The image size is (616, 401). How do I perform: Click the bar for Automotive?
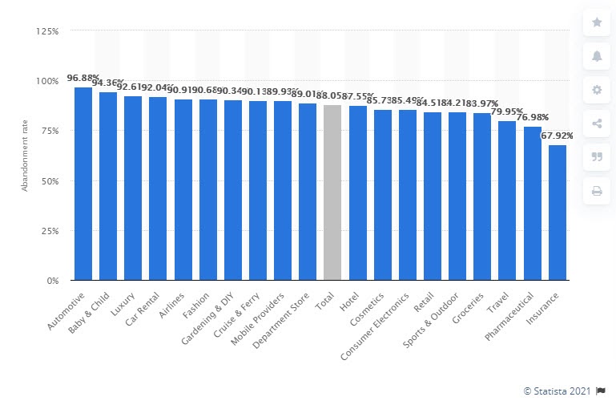[83, 184]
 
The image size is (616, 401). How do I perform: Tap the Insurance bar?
[558, 213]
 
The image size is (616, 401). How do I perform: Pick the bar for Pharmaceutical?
[533, 204]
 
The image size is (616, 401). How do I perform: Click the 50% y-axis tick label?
[50, 181]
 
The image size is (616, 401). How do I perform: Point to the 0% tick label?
[52, 282]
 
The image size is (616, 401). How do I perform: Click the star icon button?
[597, 22]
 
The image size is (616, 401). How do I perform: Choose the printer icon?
[597, 191]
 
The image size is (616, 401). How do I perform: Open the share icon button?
[597, 124]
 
